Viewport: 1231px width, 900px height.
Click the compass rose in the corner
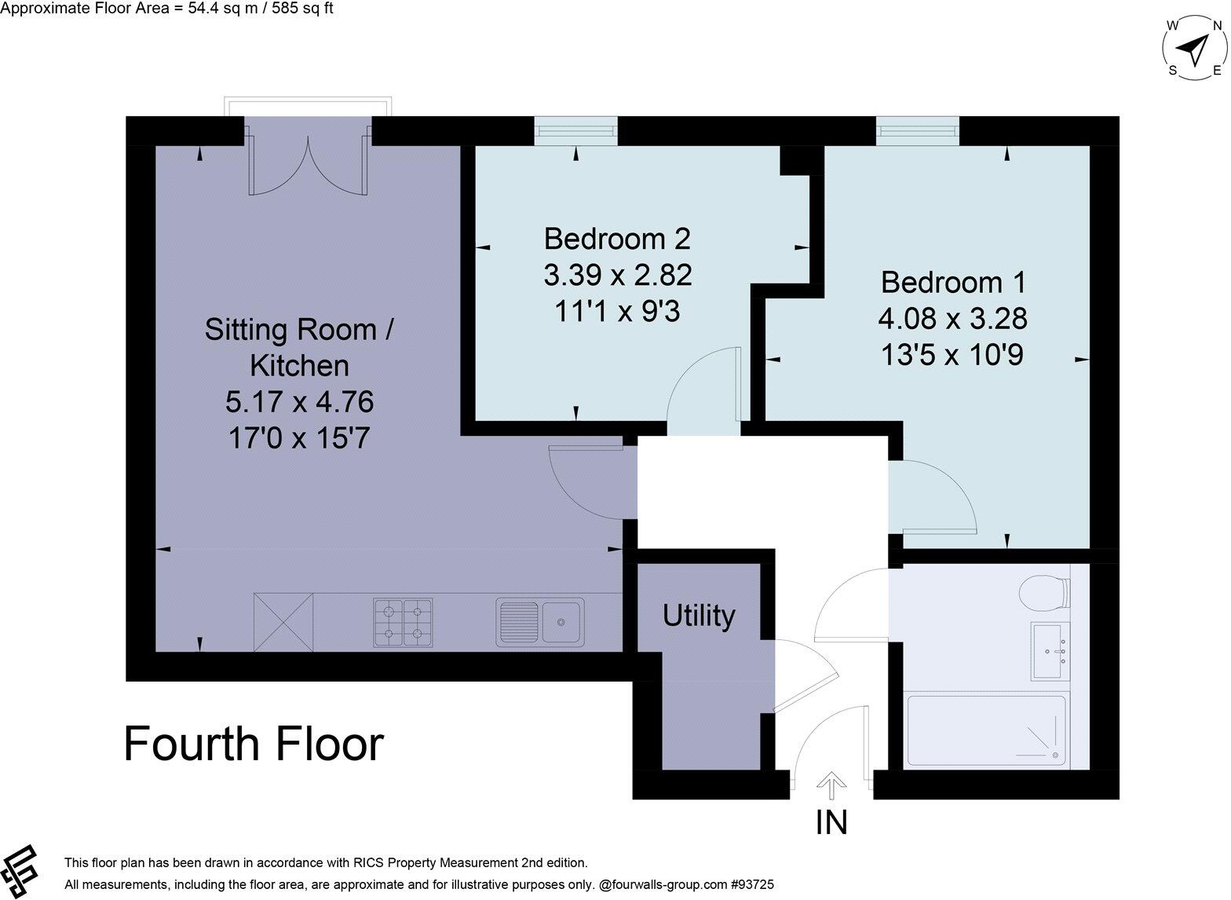(1194, 49)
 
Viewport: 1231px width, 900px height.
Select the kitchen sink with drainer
(540, 623)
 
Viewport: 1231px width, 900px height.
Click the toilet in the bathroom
(1045, 592)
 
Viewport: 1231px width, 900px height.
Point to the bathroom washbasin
(1050, 653)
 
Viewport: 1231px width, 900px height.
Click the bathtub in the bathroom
(986, 731)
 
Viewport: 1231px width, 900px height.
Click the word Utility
(699, 616)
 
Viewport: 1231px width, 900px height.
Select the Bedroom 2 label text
(617, 237)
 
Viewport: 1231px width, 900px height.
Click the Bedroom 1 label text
(953, 282)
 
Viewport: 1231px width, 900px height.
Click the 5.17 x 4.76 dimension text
(299, 402)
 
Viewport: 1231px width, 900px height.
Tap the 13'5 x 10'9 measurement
(952, 356)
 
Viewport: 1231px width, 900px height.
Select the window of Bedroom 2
(575, 130)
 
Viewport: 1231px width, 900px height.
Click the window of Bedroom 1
(917, 130)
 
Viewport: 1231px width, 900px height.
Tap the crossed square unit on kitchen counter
(283, 622)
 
